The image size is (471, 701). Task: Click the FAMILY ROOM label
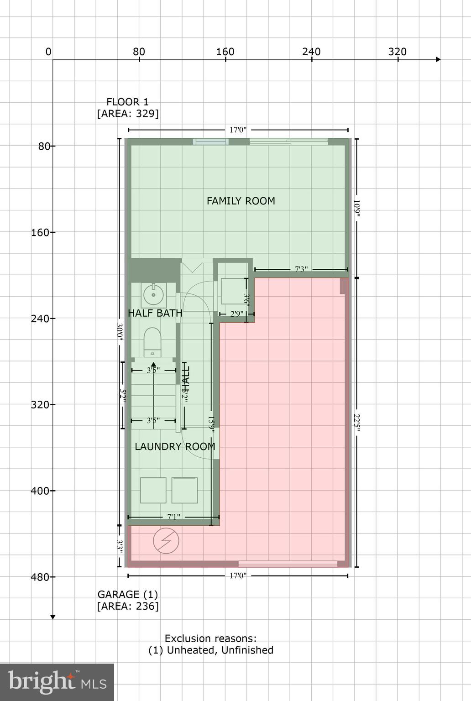[x=241, y=201]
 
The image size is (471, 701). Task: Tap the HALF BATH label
[x=155, y=313]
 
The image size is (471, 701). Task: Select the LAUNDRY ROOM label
[x=175, y=446]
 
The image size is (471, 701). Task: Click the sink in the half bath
[x=153, y=295]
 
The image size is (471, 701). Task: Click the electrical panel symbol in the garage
[x=166, y=541]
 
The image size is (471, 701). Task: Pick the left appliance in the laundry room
[x=153, y=490]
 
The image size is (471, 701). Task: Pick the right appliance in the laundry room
[x=184, y=490]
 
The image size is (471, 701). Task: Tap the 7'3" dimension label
[x=300, y=269]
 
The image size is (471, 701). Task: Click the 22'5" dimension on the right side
[x=357, y=422]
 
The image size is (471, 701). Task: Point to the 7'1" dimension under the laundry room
[x=173, y=517]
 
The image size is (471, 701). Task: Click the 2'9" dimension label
[x=236, y=314]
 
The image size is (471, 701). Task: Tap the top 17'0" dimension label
[x=237, y=130]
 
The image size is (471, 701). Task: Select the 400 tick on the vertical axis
[x=40, y=491]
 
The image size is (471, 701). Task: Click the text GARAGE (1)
[x=127, y=594]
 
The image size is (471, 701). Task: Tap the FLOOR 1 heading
[x=127, y=102]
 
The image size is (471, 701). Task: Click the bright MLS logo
[x=57, y=682]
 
